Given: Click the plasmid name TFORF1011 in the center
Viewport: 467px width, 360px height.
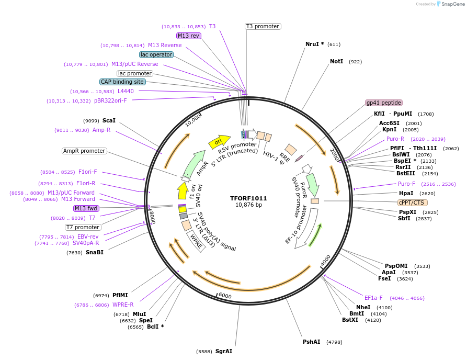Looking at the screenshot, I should click(x=248, y=198).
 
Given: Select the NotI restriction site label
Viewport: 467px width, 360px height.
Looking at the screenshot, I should click(x=337, y=62).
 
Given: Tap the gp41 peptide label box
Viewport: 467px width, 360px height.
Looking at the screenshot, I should click(x=384, y=103).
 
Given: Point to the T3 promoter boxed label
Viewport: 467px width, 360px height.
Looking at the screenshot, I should click(x=263, y=27).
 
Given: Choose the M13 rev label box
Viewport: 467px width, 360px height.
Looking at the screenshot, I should click(x=188, y=36).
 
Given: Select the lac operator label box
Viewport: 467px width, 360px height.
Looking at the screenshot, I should click(x=156, y=54).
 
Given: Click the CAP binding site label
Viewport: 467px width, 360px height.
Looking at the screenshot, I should click(x=122, y=82).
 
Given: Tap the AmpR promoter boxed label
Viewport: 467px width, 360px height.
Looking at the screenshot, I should click(x=84, y=151).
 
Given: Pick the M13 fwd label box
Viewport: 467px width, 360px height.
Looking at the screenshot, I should click(x=86, y=208).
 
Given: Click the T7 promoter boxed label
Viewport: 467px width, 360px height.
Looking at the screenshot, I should click(x=83, y=227).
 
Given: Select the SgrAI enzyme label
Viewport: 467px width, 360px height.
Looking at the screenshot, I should click(x=224, y=351).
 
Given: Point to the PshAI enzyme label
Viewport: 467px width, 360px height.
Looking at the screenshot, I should click(x=311, y=342).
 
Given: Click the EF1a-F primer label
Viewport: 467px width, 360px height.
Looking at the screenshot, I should click(x=373, y=298).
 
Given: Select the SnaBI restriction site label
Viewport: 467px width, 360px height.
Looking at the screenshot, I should click(x=94, y=253).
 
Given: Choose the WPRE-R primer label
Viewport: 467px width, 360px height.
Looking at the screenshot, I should click(x=123, y=305).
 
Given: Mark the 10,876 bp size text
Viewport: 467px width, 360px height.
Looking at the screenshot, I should click(x=248, y=205).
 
